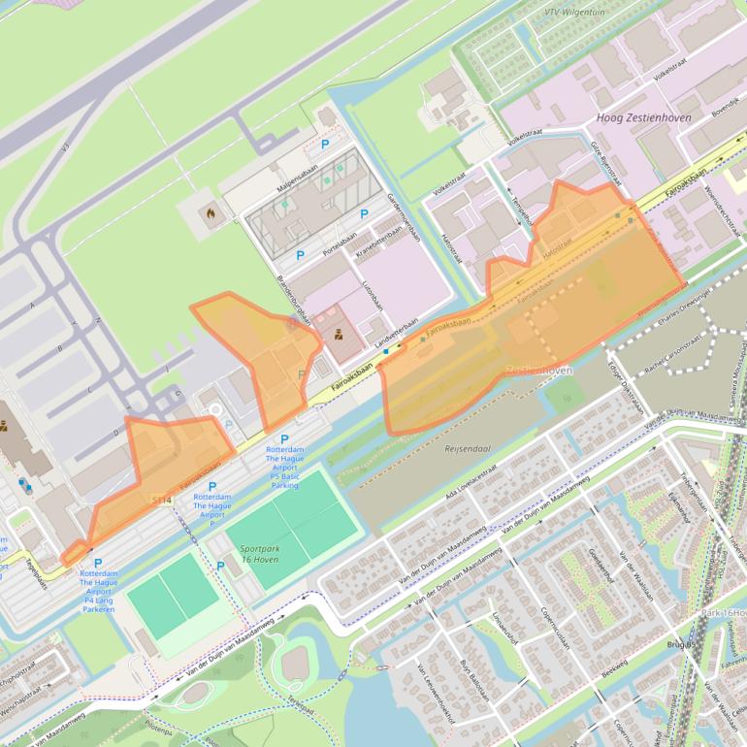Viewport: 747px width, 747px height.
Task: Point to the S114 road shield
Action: click(161, 500)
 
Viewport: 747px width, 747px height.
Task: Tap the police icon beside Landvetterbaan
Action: click(339, 336)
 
